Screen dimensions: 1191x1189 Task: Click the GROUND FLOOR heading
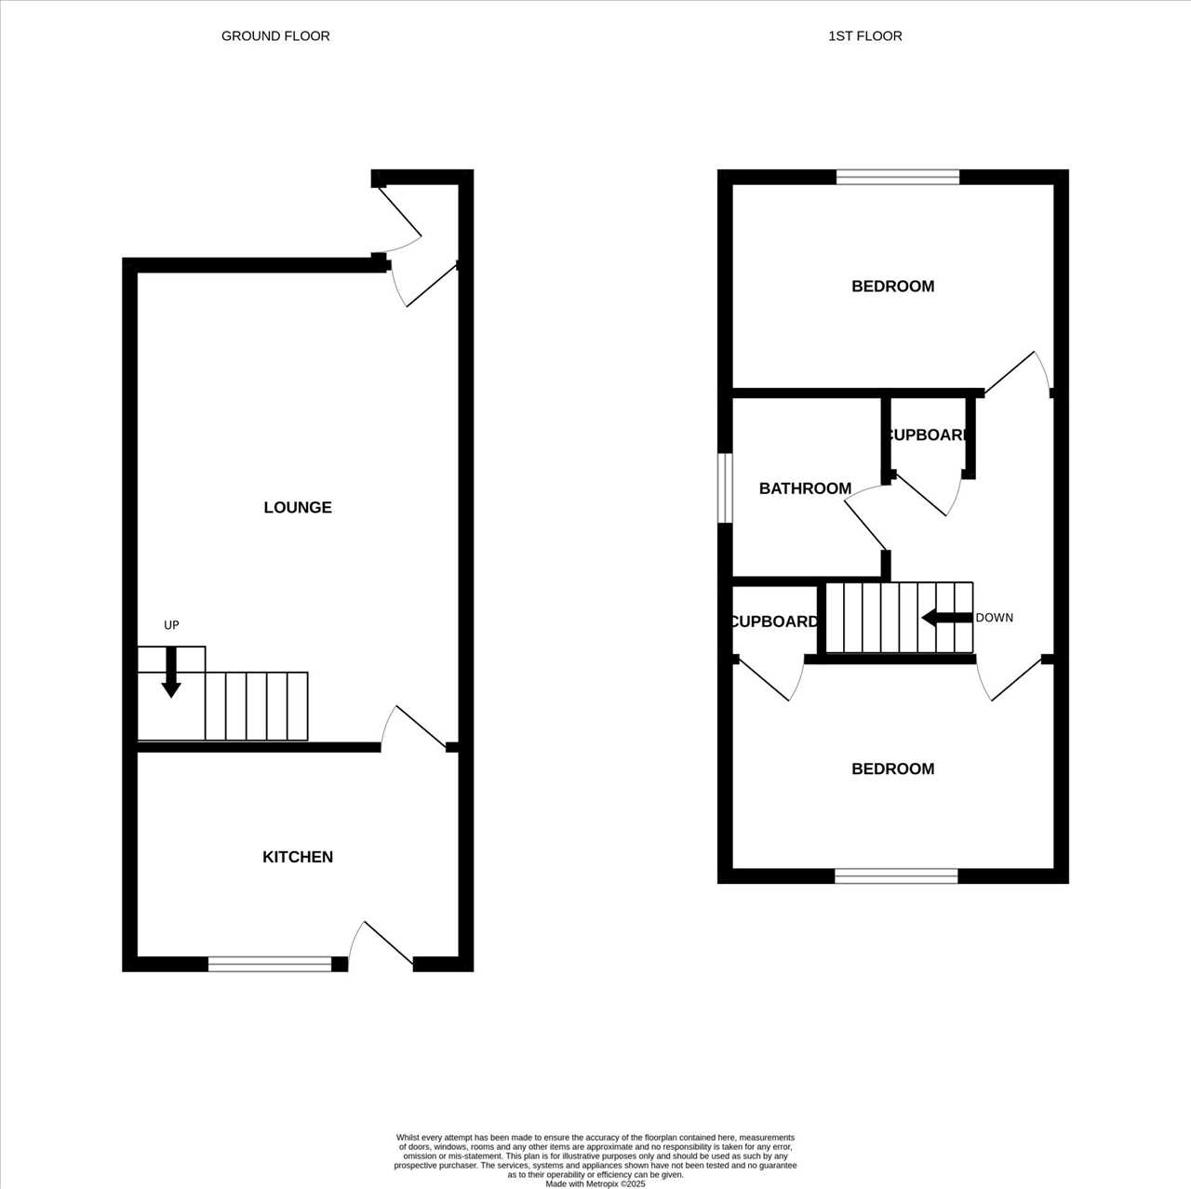(275, 36)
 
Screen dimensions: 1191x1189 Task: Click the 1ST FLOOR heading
(864, 36)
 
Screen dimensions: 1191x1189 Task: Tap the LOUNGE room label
(298, 507)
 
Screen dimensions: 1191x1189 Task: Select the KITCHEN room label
(298, 857)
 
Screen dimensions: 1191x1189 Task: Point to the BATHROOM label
(805, 488)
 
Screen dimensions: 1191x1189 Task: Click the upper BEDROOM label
(892, 287)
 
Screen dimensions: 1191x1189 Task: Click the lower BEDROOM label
(892, 768)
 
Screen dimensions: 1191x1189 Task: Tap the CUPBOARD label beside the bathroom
(927, 435)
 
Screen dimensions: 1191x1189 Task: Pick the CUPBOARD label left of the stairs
(774, 621)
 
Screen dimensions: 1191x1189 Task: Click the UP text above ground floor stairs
(171, 625)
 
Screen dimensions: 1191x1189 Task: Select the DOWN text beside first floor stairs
(994, 618)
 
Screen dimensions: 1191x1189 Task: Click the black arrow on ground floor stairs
(171, 673)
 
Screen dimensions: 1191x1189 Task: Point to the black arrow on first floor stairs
(947, 618)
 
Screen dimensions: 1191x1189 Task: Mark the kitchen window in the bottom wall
(270, 964)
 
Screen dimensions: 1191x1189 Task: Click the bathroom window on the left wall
(725, 488)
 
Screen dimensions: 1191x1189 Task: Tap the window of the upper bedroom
(897, 177)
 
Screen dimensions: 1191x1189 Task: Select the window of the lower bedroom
(896, 875)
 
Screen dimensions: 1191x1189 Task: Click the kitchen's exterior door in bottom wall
(381, 945)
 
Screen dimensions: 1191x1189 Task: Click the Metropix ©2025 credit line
(595, 1184)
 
